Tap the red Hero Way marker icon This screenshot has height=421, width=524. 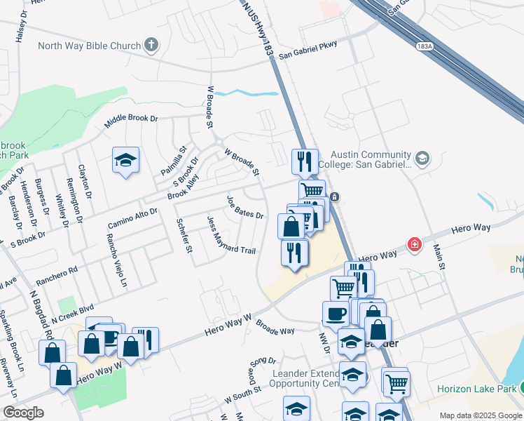click(x=415, y=243)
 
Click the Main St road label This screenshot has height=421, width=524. click(x=439, y=256)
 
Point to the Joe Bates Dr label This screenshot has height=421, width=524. click(x=244, y=207)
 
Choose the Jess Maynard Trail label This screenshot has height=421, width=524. click(x=231, y=235)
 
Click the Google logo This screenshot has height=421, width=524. click(x=23, y=413)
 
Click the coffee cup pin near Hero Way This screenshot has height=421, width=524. click(x=335, y=313)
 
